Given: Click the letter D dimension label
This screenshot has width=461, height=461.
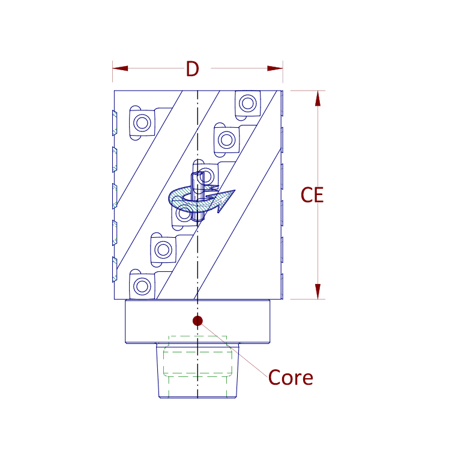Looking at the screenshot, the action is point(192,69).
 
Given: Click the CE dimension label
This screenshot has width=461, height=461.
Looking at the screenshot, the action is point(312,195).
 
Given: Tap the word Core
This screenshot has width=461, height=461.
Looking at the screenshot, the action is point(291,378).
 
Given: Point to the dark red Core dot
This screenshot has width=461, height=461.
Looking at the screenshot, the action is point(197,321).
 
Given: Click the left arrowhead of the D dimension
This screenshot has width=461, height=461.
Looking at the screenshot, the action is point(120,68).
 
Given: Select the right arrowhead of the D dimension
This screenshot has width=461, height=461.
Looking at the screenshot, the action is point(275,68).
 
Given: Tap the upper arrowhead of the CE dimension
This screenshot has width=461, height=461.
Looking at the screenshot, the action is point(318,98).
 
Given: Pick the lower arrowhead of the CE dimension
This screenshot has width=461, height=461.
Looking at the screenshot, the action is point(318,291).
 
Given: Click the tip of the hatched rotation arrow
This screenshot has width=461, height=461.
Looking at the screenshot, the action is point(235,190).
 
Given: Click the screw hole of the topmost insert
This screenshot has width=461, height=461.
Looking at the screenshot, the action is point(248,103).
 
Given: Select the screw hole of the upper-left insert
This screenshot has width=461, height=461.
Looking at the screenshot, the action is point(142,122).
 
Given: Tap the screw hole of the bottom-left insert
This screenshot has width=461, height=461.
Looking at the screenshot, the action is point(142,286).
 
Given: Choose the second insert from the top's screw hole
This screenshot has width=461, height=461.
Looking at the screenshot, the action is point(227,140).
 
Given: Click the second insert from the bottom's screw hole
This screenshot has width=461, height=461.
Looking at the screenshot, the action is point(163,250).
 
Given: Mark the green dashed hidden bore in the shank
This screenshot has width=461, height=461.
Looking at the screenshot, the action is point(197,366).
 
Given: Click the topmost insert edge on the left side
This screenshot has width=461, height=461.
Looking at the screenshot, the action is point(115,123).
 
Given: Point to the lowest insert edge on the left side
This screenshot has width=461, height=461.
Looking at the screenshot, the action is point(115,270).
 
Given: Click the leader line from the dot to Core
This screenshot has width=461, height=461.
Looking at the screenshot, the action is point(234,349).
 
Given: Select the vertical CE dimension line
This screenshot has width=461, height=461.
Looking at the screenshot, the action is point(318,195).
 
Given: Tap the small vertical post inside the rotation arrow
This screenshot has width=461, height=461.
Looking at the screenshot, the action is point(197,196).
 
